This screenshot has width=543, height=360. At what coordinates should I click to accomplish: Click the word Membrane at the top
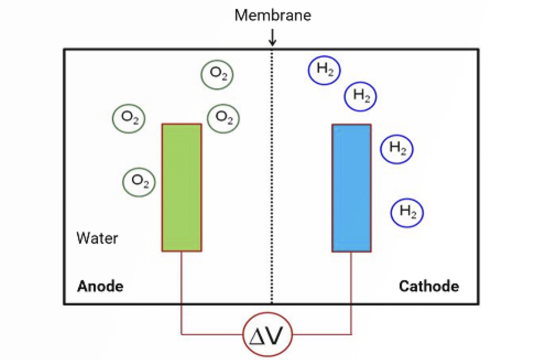[273, 16]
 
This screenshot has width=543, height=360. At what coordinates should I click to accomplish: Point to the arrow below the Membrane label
[272, 37]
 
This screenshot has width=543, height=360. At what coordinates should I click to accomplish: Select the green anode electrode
[182, 187]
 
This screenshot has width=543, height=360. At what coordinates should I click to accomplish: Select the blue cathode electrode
[352, 188]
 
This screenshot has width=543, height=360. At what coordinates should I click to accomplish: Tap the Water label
[97, 238]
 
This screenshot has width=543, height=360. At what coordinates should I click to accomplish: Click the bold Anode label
[100, 286]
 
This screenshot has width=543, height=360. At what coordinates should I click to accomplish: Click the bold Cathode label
[429, 286]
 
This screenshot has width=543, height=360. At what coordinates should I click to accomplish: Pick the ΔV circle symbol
[267, 334]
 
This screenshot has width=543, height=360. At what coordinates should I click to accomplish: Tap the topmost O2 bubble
[217, 74]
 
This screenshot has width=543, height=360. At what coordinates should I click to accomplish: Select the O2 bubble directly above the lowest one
[129, 118]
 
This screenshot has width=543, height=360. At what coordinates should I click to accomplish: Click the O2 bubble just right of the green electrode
[223, 118]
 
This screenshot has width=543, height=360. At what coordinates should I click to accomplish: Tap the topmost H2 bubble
[324, 70]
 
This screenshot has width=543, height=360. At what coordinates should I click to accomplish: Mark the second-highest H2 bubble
[360, 96]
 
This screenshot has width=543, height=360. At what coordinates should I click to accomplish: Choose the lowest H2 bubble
[407, 213]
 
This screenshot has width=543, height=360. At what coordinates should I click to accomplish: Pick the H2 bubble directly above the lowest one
[397, 149]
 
